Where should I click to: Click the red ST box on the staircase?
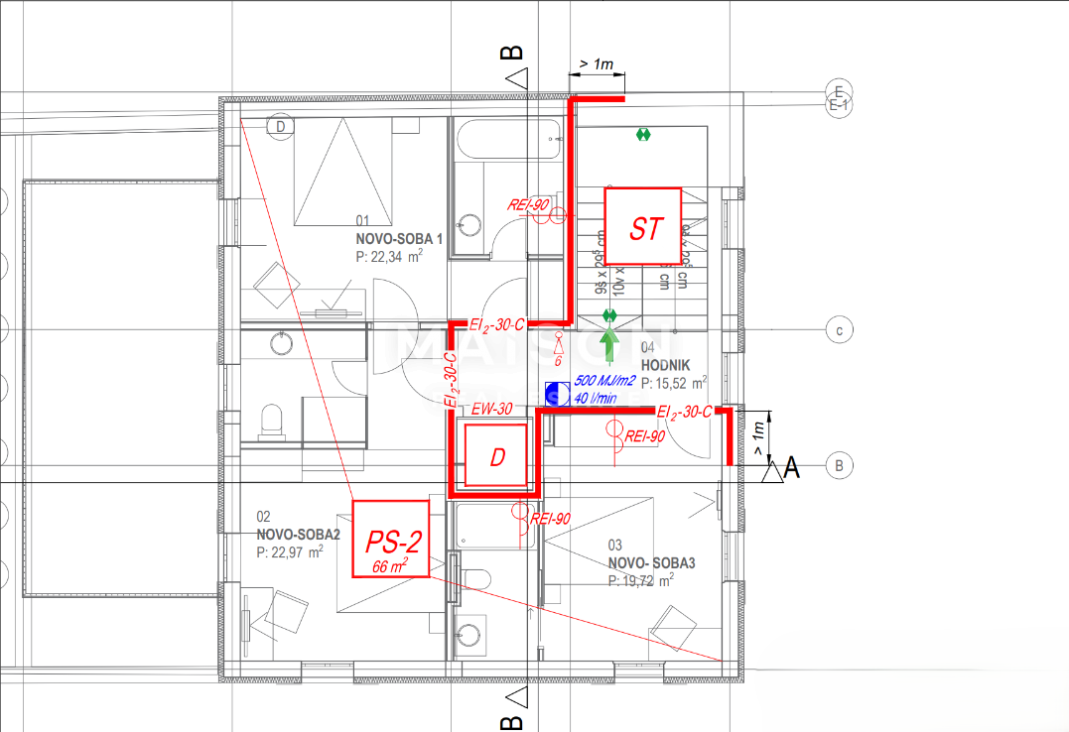[642, 226]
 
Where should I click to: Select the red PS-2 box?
[392, 540]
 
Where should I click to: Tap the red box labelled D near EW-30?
[496, 456]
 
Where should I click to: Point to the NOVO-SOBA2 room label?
[298, 534]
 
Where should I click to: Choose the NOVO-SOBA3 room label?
[651, 562]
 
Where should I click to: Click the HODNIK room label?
[664, 364]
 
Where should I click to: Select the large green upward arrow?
[609, 347]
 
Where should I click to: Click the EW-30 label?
[492, 408]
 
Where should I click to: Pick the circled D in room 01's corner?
[281, 127]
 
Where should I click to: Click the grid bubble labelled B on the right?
[840, 464]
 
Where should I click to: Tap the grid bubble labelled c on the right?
[840, 331]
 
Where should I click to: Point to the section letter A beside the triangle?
[792, 467]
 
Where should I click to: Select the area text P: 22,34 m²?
[389, 255]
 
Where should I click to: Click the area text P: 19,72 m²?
[640, 579]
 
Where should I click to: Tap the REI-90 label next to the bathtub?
[528, 204]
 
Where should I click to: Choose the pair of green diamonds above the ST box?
[644, 133]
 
